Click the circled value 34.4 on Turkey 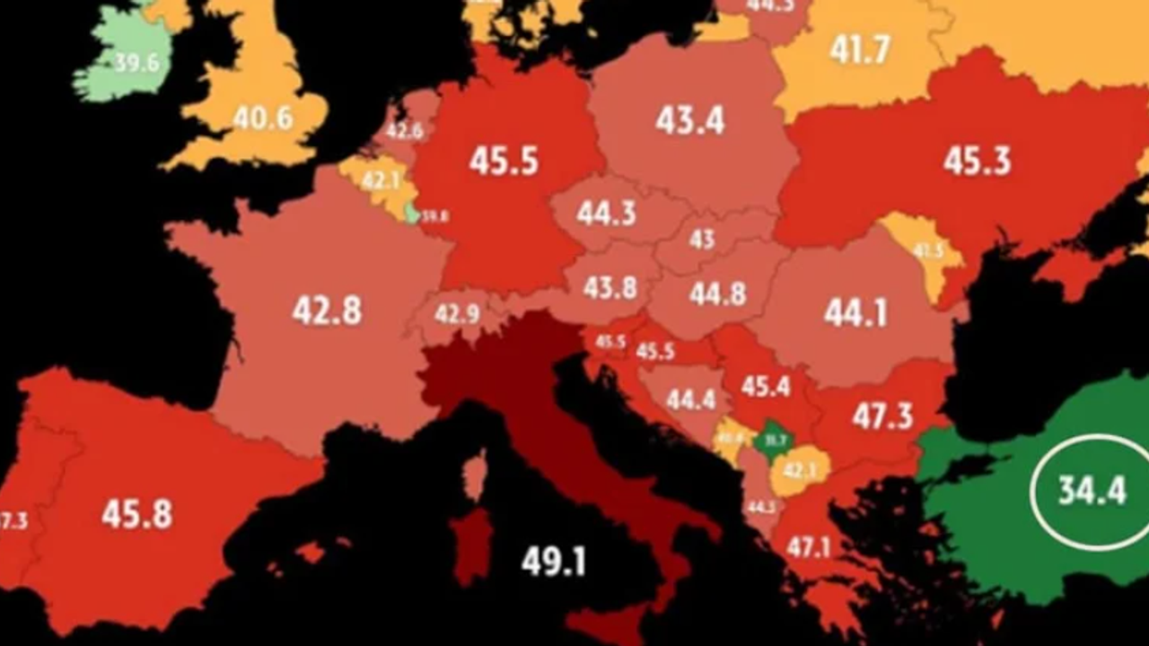[1091, 491]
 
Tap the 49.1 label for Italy [553, 562]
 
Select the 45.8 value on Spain [136, 514]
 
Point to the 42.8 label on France [327, 310]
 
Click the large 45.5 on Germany [504, 161]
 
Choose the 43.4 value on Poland [689, 120]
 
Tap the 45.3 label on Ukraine [977, 161]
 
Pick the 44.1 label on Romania [855, 313]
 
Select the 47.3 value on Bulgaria [882, 416]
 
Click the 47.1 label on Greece [808, 546]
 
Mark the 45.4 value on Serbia [766, 387]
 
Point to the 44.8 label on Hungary [717, 293]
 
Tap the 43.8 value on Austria [610, 287]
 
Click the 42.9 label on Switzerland [457, 314]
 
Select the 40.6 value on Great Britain [262, 118]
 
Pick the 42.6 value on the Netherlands [404, 131]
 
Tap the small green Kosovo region [772, 440]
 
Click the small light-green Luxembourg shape [412, 214]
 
